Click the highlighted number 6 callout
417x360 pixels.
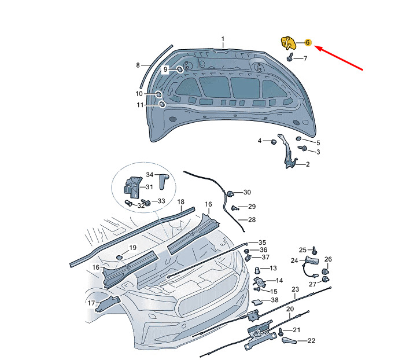point(308,42)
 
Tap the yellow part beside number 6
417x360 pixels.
point(288,43)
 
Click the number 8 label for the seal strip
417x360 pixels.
point(138,65)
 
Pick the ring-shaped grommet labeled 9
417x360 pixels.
point(180,69)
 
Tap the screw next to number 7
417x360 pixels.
point(288,58)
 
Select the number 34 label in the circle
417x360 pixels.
point(149,175)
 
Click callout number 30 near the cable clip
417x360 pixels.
point(247,192)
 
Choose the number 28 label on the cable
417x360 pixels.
point(252,220)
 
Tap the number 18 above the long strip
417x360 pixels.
point(180,203)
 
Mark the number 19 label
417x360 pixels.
point(132,248)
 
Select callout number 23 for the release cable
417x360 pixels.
point(295,289)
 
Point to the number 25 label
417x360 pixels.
point(302,250)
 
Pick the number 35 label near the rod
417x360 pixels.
point(262,243)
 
